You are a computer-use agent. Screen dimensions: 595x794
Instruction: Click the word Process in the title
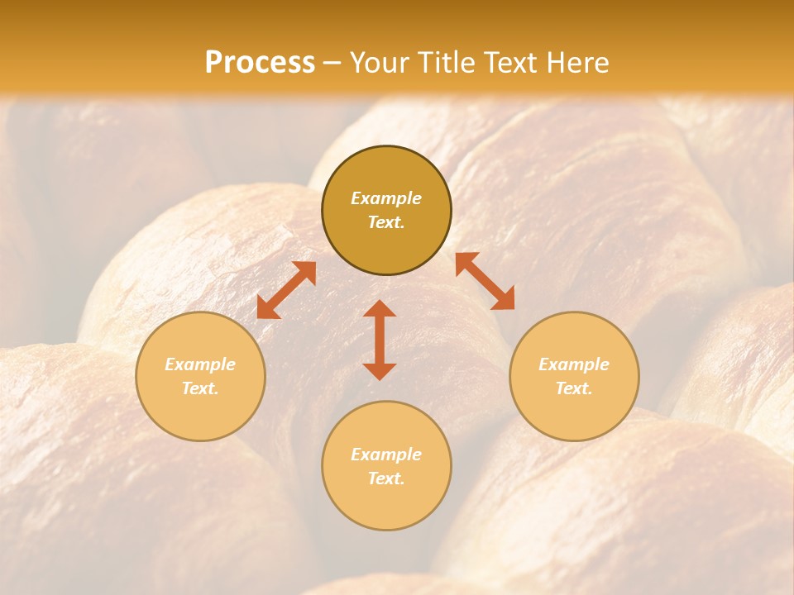[x=260, y=63]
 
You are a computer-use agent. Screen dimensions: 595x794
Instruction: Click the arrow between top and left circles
[x=286, y=290]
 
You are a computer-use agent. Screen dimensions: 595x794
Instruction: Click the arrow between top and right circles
[x=485, y=281]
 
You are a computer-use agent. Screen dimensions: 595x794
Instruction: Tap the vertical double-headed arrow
[x=380, y=340]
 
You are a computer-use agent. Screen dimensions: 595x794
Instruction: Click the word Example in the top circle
[x=386, y=198]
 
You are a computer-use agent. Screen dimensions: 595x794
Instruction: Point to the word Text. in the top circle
[x=386, y=222]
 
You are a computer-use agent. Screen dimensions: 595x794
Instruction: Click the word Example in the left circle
[x=200, y=364]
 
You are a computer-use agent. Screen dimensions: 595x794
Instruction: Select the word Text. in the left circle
[x=200, y=388]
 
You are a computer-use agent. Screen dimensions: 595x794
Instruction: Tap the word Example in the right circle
[x=574, y=364]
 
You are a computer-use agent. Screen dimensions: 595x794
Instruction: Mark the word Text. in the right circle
[x=574, y=388]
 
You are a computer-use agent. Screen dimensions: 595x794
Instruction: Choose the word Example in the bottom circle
[x=386, y=455]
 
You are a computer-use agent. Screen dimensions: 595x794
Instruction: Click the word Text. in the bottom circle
[x=386, y=478]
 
